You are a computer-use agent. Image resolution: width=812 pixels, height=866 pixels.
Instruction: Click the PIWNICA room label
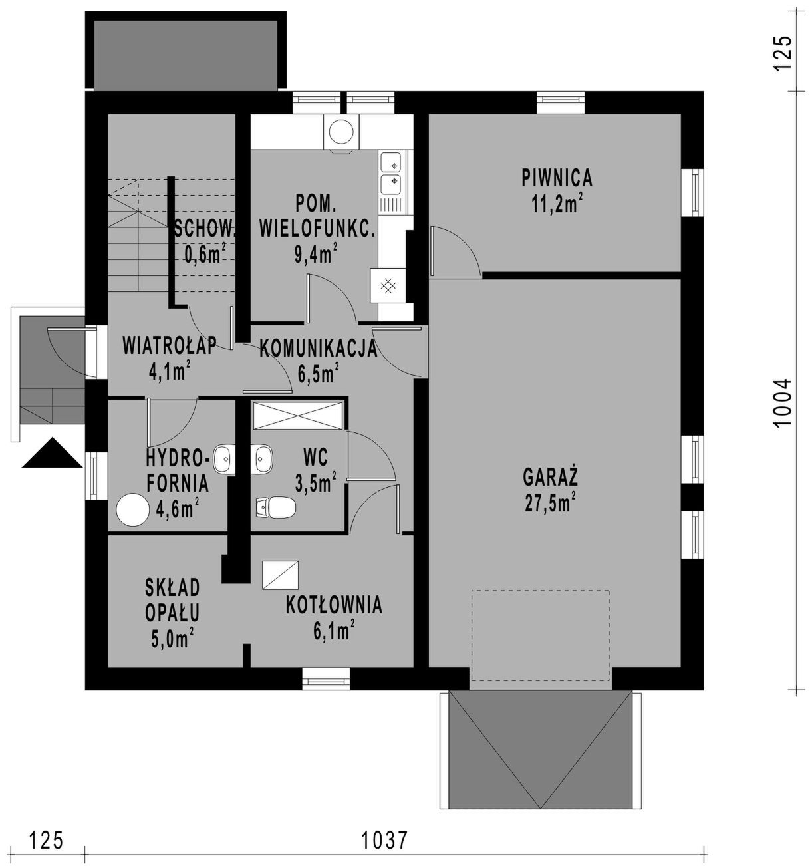[x=557, y=178]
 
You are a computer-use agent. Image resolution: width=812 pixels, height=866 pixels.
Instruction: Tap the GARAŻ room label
[x=551, y=477]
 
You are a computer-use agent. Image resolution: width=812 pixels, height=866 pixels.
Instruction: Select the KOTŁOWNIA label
[x=334, y=605]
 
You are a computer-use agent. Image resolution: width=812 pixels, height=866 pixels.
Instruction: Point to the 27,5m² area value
[x=551, y=504]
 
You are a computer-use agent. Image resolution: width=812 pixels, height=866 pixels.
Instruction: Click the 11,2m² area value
[x=557, y=204]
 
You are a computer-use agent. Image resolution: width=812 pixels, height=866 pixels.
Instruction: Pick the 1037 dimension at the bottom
[x=384, y=840]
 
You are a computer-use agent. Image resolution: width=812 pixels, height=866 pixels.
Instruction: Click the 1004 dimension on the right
[x=783, y=403]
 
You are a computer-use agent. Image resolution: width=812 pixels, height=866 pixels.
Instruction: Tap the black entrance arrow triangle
[x=52, y=453]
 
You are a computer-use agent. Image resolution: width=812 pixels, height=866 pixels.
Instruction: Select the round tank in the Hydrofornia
[x=133, y=509]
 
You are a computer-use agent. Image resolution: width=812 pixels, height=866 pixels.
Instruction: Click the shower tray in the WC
[x=298, y=416]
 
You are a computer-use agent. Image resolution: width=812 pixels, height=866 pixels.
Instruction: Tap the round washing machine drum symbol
[x=341, y=132]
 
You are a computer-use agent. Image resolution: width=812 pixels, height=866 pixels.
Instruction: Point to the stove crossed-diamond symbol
[x=388, y=286]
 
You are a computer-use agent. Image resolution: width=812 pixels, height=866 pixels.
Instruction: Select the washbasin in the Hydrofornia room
[x=224, y=459]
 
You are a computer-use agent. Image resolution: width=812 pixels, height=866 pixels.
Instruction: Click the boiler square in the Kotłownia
[x=281, y=575]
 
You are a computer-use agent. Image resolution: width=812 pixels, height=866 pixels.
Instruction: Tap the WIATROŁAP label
[x=170, y=345]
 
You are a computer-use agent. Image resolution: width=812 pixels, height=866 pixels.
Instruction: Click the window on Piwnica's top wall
[x=561, y=103]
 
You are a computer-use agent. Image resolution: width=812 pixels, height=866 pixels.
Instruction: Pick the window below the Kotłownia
[x=326, y=679]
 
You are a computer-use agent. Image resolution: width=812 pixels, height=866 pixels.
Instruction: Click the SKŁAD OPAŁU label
[x=173, y=600]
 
